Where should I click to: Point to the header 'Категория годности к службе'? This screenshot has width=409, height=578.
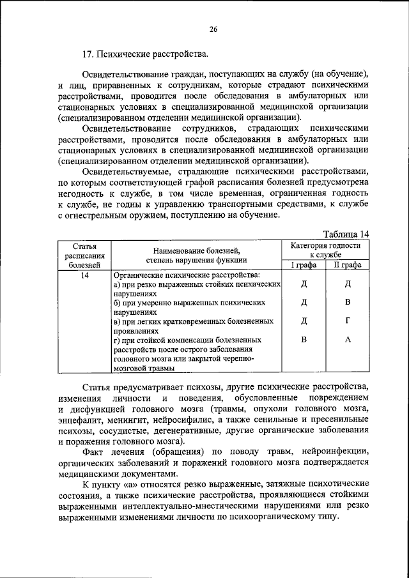[325, 250]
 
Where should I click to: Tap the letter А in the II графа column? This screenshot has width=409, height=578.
[348, 340]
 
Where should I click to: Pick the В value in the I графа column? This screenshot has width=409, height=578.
[304, 340]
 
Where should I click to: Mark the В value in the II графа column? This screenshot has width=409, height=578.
[348, 302]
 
